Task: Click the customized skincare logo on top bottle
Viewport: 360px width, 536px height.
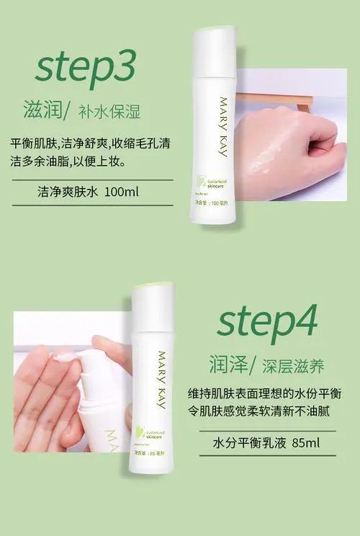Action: point(210,187)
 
